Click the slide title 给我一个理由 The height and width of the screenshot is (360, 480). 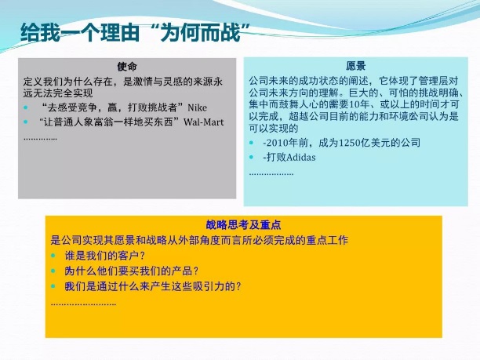coord(79,32)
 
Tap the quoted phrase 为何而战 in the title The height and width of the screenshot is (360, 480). coord(201,32)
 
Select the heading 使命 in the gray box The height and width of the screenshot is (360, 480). coord(127,67)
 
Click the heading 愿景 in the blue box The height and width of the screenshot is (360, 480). coord(356,66)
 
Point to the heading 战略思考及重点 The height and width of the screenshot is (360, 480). coord(243,225)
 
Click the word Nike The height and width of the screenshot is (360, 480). coord(197,107)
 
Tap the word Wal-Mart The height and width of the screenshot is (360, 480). coord(204,122)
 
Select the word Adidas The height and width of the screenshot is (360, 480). coord(301,158)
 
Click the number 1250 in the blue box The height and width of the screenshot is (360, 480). coord(350,143)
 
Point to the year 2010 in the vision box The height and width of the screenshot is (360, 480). coord(277,143)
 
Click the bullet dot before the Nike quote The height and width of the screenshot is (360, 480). coord(26,107)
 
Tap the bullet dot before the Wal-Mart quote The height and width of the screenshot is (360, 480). coord(26,122)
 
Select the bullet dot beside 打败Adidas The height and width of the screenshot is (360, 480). coord(252,158)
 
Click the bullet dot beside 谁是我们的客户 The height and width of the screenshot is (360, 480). coord(53,256)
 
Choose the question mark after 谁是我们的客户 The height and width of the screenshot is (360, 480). coord(142,256)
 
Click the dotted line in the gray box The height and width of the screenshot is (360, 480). coord(40,139)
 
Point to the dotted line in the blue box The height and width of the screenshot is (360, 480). coord(271,174)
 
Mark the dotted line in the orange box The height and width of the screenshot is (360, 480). coord(83,304)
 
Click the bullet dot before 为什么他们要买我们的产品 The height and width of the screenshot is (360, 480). coord(53,271)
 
